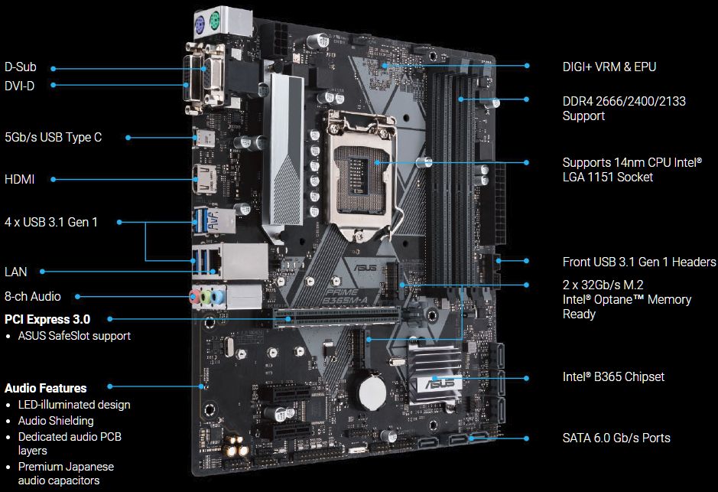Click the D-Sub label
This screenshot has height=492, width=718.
point(20,67)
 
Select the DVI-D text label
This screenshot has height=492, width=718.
point(19,86)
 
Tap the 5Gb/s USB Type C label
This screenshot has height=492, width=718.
point(53,138)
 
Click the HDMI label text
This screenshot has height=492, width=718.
point(19,179)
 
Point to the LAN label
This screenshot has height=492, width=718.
point(15,272)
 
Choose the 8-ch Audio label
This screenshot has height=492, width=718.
point(33,296)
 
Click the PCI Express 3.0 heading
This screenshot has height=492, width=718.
point(47,319)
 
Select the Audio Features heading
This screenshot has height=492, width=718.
point(45,388)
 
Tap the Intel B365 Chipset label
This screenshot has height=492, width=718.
point(613,377)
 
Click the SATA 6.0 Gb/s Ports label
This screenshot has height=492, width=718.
point(616,438)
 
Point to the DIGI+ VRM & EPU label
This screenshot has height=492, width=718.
point(609,67)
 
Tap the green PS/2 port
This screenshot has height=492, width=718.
point(215,20)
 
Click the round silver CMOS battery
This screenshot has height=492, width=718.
point(372,393)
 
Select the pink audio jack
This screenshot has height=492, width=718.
point(195,295)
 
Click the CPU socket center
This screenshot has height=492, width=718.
point(361,172)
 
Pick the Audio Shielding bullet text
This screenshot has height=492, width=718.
point(56,421)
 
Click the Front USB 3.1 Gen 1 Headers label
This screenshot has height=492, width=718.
point(639,262)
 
